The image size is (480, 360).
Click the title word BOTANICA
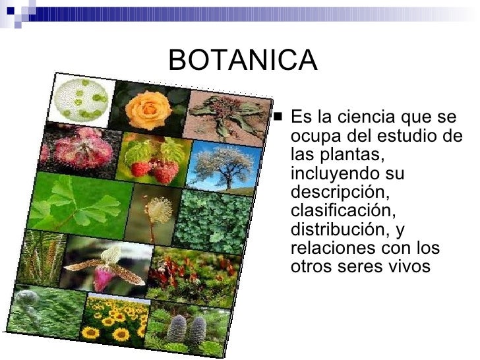[243, 61]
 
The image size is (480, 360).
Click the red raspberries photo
[153, 160]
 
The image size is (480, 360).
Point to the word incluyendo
[334, 175]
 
